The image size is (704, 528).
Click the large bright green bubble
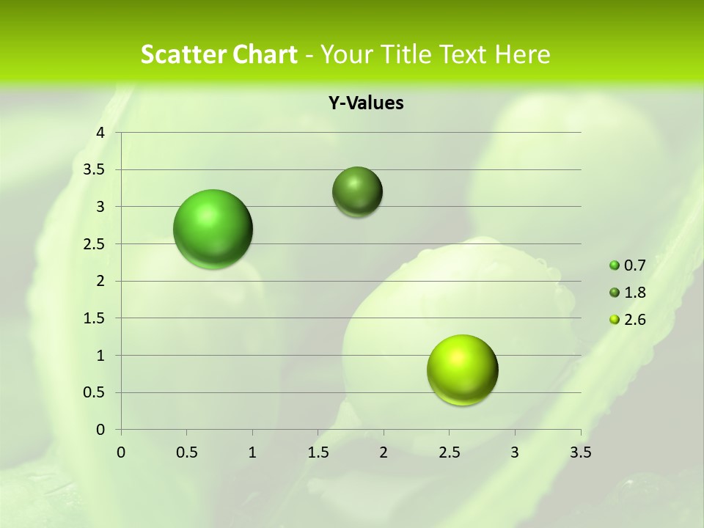213,229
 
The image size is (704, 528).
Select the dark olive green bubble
357,191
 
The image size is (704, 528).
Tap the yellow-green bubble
463,370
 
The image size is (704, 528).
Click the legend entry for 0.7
628,265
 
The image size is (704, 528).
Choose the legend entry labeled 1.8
628,293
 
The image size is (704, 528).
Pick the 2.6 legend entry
628,320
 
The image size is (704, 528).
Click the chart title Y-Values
365,103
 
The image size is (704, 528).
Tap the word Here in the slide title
522,54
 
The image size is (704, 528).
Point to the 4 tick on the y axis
101,132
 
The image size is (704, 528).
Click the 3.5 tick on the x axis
580,452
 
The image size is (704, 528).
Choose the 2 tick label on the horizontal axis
384,452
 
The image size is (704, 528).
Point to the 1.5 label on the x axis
318,452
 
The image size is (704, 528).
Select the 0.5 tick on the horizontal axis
186,452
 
